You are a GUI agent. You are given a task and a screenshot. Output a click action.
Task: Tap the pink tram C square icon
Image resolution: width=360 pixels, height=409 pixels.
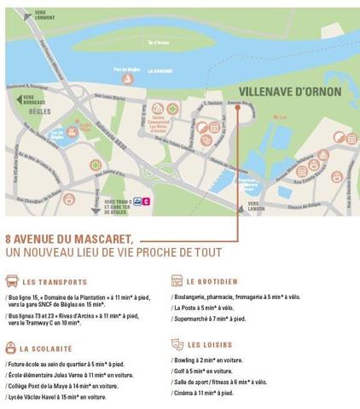[x=147, y=202]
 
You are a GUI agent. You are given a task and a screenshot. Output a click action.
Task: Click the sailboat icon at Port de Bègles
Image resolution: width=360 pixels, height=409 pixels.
[x=126, y=79]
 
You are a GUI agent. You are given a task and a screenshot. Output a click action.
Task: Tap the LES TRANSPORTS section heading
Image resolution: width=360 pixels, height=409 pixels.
[x=55, y=281]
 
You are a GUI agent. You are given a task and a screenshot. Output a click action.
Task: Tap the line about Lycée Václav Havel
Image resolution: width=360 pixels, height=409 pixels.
[x=55, y=397]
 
